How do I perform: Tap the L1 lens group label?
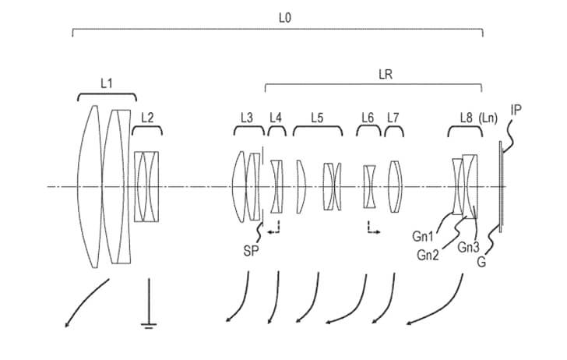(107, 82)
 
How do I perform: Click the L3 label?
(246, 118)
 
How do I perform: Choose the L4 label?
(276, 118)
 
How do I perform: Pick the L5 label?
(317, 118)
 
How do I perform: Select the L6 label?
(368, 118)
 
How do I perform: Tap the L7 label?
(393, 118)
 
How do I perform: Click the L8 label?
(466, 118)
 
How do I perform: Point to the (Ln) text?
(489, 118)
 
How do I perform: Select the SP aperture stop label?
(251, 250)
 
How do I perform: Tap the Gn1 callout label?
(427, 236)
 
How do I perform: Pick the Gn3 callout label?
(468, 247)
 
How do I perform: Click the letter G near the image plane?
(483, 263)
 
